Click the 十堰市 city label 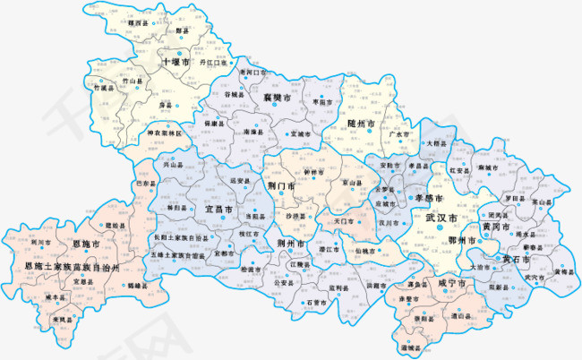coord(175,63)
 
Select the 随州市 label coord(362,123)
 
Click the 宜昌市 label coord(219,209)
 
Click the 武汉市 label coord(441,219)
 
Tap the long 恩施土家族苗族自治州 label coord(79,266)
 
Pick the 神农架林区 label coord(164,133)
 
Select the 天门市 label coord(345,219)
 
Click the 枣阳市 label coord(322,102)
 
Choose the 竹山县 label coord(132,81)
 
